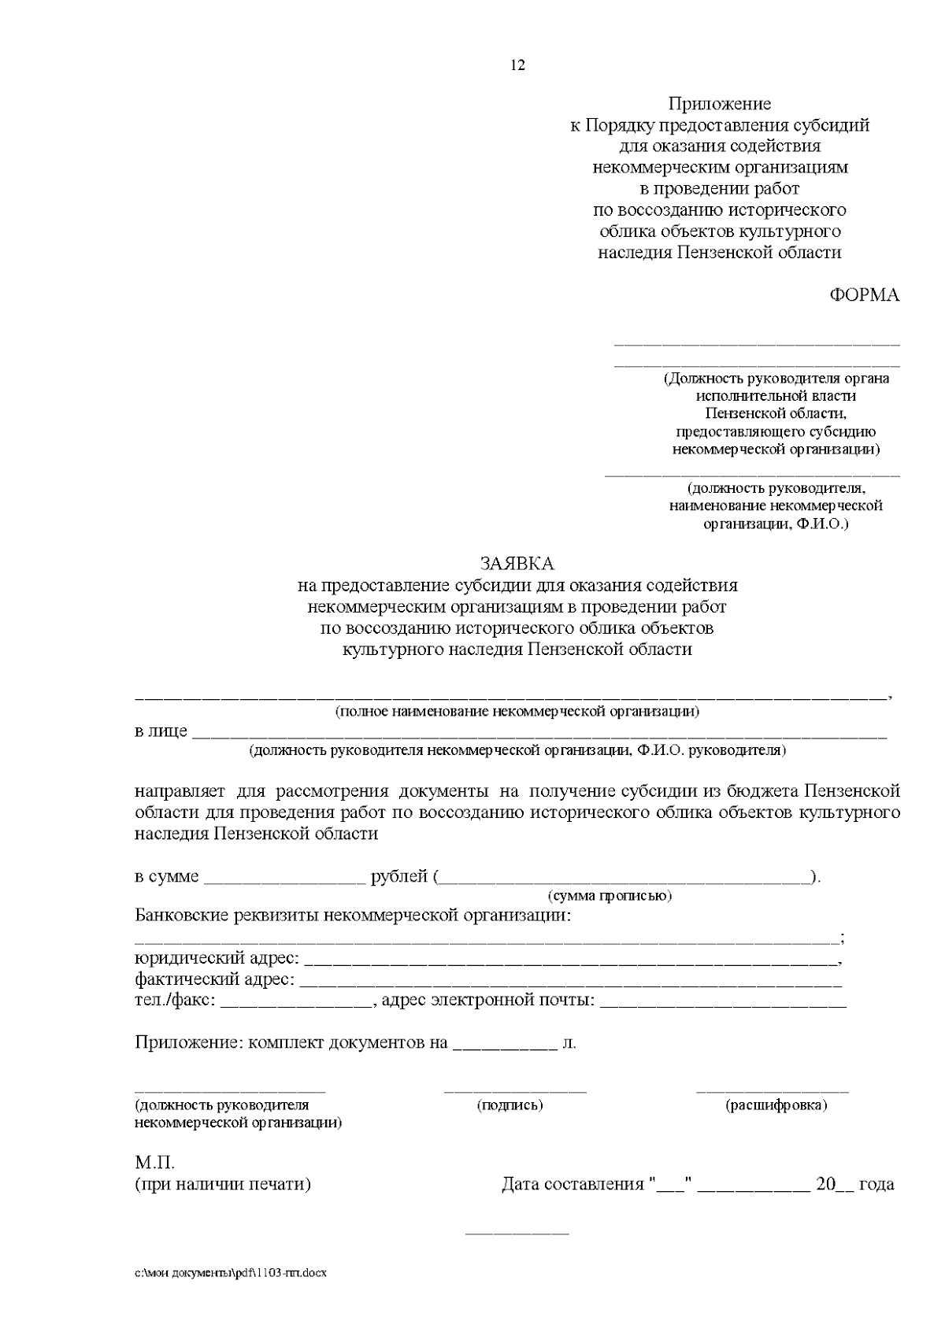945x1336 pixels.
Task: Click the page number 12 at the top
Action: tap(517, 65)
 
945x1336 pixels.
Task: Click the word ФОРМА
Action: tap(864, 295)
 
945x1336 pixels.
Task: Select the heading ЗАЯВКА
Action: tap(517, 564)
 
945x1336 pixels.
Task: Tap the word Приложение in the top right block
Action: tap(720, 104)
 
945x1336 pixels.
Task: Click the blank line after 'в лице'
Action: tap(539, 732)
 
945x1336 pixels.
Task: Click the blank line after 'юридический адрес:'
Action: tap(570, 960)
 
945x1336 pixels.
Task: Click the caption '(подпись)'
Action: tap(510, 1105)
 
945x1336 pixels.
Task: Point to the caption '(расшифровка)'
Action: tap(776, 1105)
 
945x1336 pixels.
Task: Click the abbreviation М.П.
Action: tap(154, 1163)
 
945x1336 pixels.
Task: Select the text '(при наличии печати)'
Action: tap(223, 1184)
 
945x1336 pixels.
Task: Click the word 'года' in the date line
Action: tap(876, 1184)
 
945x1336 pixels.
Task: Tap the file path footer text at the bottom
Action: tap(230, 1273)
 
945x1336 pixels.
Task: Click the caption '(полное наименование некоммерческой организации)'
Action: tap(517, 712)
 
